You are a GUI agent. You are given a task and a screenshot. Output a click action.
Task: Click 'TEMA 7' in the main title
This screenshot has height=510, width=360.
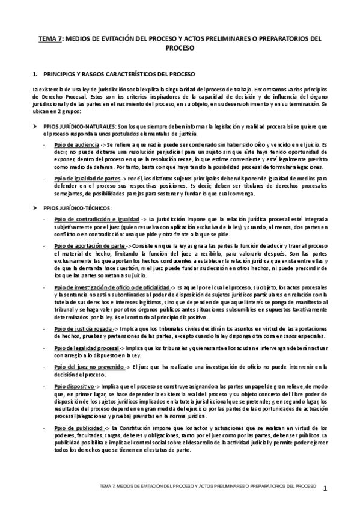pyautogui.click(x=49, y=38)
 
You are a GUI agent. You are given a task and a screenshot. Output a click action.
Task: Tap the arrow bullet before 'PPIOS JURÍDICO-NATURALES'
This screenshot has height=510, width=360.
pyautogui.click(x=35, y=126)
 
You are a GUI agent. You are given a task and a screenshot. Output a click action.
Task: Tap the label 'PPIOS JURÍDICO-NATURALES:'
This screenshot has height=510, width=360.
pyautogui.click(x=79, y=126)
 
